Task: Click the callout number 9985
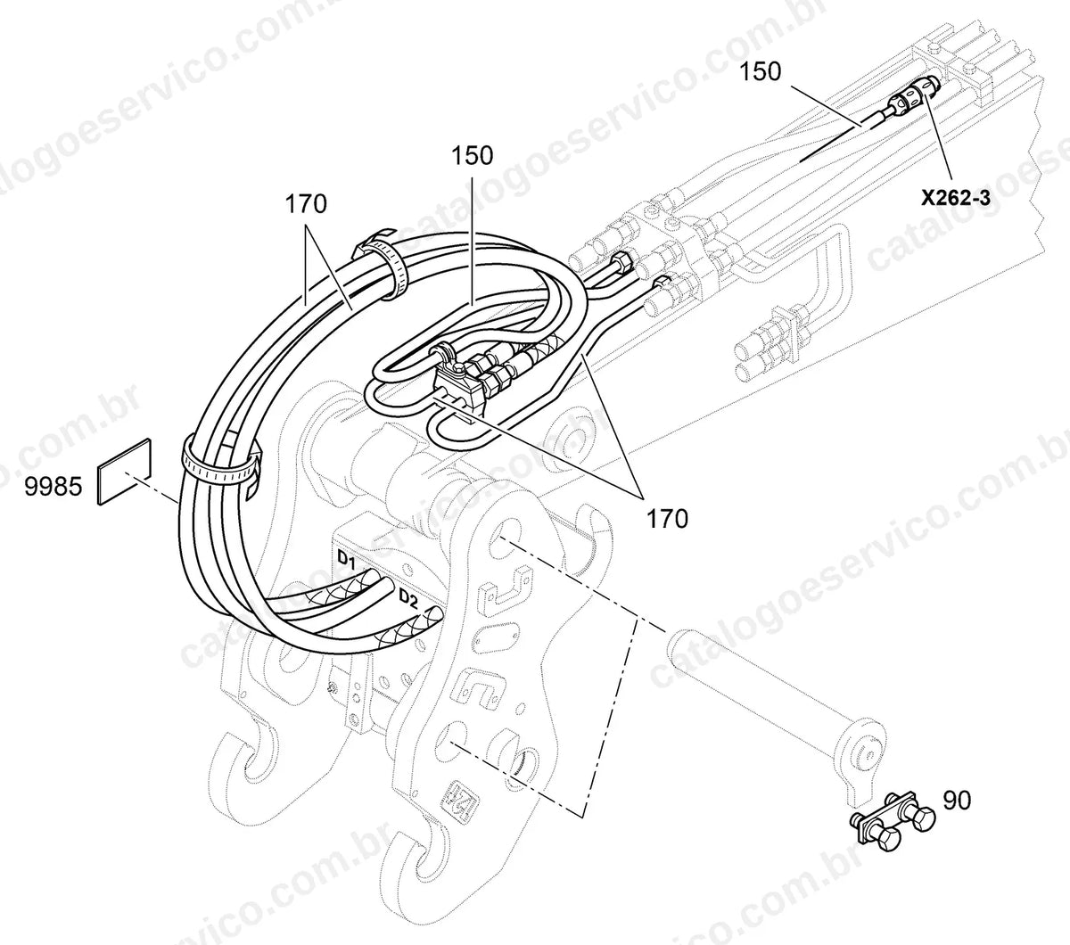(x=53, y=487)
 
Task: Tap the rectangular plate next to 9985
(x=125, y=472)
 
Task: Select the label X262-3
(x=956, y=198)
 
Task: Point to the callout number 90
(x=957, y=801)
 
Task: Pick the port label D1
(x=347, y=561)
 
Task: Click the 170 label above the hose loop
(x=306, y=204)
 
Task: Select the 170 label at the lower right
(x=668, y=519)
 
